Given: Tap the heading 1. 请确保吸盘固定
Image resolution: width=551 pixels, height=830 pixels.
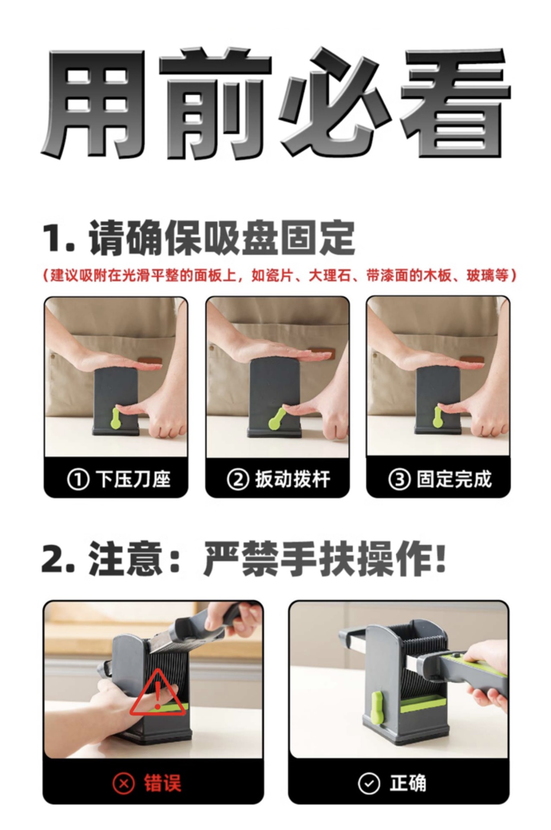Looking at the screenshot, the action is coord(199,238).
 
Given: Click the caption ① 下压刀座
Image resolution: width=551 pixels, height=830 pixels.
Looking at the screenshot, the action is coord(119,479).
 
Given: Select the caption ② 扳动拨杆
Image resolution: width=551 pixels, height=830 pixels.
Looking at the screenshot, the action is coord(279,479).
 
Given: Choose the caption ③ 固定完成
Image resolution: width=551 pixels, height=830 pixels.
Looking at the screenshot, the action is coord(440,479).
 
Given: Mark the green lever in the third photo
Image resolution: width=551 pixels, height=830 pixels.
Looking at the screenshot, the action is coord(437,417).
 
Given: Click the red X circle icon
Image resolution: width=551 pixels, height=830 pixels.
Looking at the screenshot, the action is coord(124,783).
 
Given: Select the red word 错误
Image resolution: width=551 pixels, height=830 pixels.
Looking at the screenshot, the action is coord(163,783).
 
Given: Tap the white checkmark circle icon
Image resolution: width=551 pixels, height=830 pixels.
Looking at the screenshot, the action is coord(369,783).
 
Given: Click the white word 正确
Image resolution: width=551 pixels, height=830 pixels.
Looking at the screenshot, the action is coord(408,783).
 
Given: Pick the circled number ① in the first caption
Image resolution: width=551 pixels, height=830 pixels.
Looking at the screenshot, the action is coord(78,479).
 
